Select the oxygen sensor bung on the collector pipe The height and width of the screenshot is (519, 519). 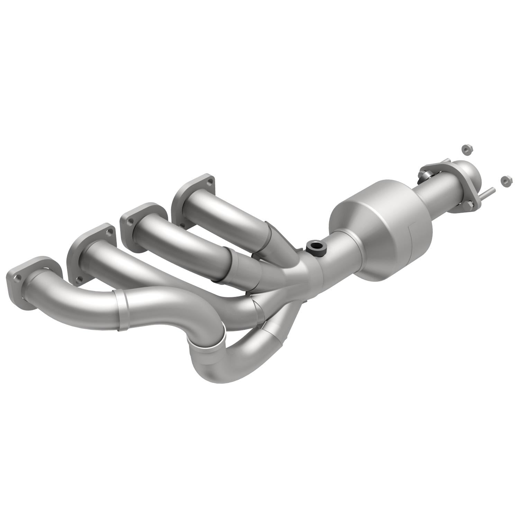pos(315,247)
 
